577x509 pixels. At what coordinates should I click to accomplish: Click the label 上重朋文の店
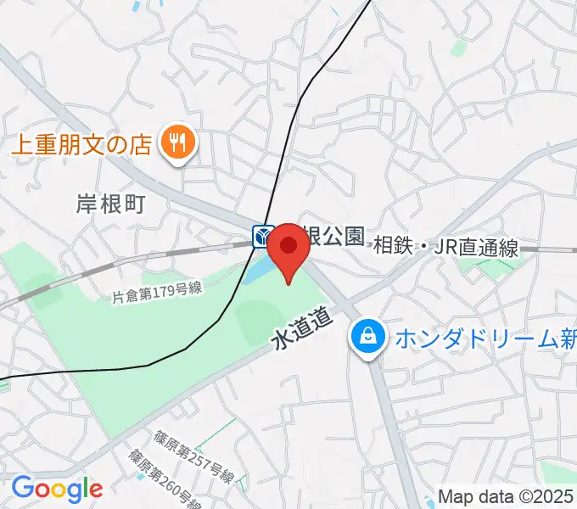click(x=81, y=142)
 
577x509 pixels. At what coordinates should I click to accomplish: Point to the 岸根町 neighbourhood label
click(x=111, y=204)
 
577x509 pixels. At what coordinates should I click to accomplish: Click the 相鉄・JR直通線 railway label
click(x=445, y=247)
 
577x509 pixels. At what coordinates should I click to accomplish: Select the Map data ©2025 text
click(x=506, y=495)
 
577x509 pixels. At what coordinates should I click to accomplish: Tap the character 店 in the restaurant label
click(x=141, y=142)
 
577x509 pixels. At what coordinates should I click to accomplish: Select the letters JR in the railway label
click(x=446, y=247)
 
